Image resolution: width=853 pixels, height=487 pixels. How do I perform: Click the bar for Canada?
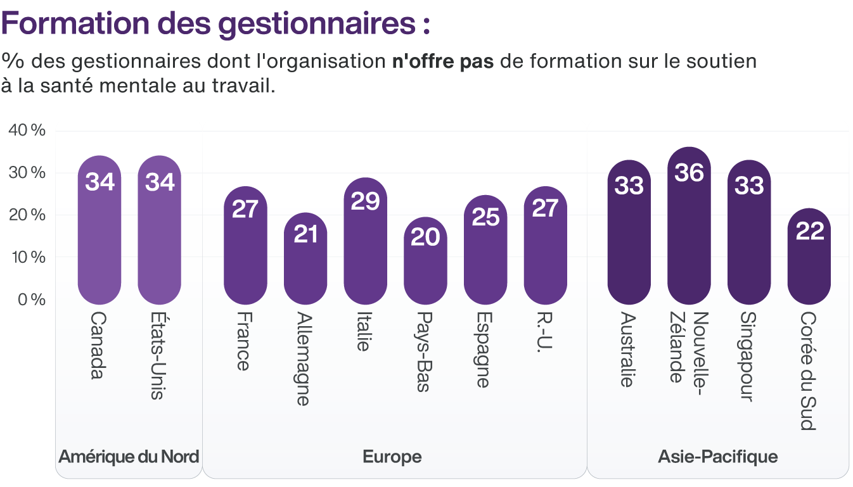(99, 241)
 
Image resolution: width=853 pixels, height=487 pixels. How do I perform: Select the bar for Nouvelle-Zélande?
(689, 234)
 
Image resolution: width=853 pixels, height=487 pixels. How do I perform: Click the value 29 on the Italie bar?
(365, 201)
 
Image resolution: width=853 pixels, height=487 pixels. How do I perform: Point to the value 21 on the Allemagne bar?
(305, 234)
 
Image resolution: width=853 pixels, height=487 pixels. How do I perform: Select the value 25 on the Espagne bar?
(485, 217)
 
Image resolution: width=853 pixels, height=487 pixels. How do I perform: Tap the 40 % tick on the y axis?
(27, 130)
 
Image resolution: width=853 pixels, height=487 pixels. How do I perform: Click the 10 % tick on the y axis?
(27, 257)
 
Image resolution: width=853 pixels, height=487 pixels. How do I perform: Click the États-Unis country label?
(159, 355)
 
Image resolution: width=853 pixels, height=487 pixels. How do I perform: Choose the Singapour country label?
(749, 357)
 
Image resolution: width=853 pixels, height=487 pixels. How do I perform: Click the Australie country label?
(629, 349)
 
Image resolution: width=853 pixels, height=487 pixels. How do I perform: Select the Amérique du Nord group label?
(129, 457)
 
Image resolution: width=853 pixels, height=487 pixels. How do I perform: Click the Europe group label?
(392, 457)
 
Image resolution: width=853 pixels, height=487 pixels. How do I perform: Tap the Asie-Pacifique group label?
(717, 457)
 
